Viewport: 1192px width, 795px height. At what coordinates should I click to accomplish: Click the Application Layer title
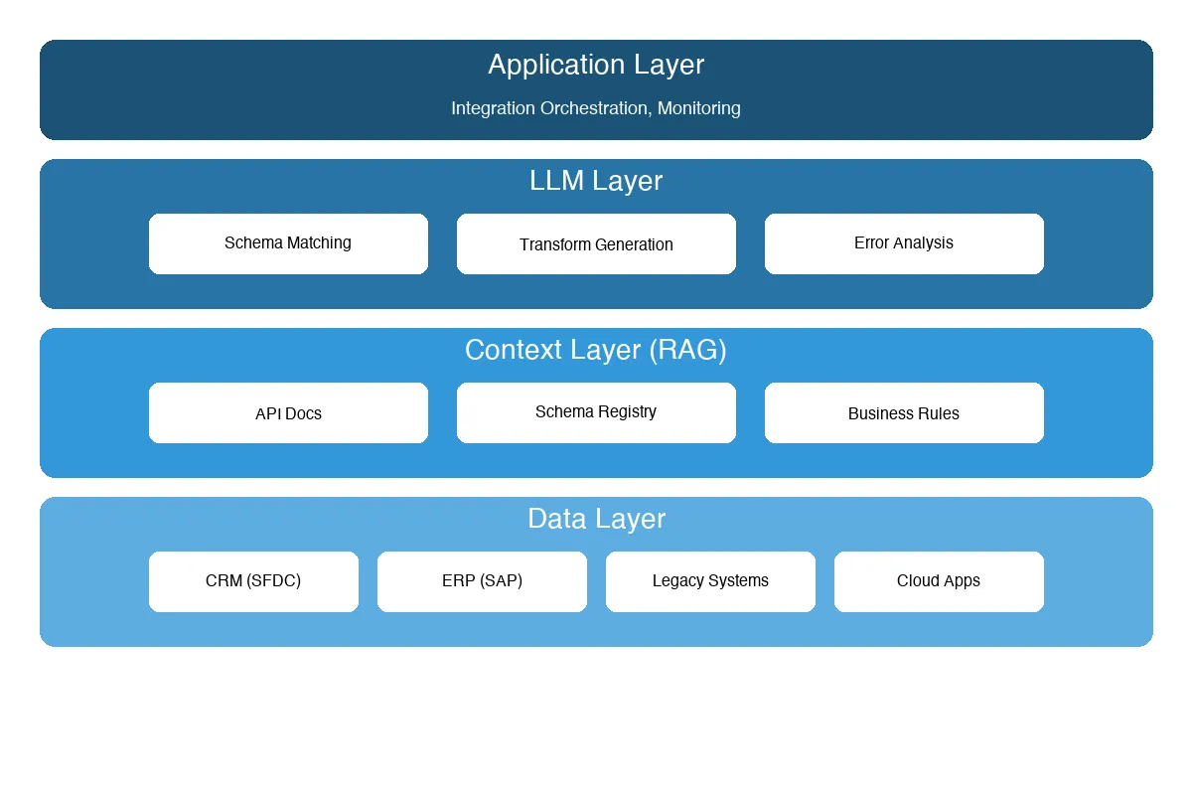click(596, 65)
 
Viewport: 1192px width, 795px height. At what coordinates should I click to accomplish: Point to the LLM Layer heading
click(596, 181)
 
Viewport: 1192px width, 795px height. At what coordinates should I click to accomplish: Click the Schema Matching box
click(288, 243)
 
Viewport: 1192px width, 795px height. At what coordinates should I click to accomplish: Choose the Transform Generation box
click(596, 243)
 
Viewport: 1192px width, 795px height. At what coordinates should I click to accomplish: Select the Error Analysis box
click(904, 243)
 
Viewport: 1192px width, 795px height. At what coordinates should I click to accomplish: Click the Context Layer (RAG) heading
click(596, 350)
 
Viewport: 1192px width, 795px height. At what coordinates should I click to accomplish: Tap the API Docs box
click(288, 412)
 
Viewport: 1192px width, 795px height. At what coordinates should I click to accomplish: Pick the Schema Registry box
click(596, 412)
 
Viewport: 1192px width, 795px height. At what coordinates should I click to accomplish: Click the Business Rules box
click(904, 412)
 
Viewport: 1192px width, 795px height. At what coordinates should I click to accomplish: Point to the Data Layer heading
click(596, 519)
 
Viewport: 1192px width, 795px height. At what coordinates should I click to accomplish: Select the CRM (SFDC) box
click(253, 581)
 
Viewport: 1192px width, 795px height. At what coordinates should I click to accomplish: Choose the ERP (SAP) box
click(482, 581)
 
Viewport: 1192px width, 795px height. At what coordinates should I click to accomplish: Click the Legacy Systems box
click(710, 581)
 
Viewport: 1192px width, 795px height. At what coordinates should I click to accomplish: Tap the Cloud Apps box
click(939, 581)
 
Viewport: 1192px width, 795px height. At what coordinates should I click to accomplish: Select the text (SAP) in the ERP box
click(500, 581)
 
